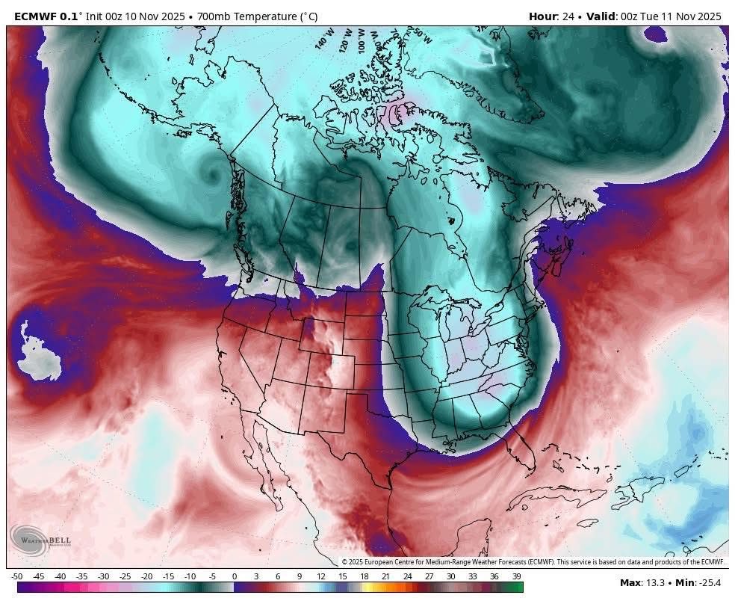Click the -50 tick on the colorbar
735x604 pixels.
pyautogui.click(x=17, y=576)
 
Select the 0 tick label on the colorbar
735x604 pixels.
pyautogui.click(x=234, y=576)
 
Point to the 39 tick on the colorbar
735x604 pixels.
pyautogui.click(x=516, y=576)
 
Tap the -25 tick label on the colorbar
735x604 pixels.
pyautogui.click(x=125, y=576)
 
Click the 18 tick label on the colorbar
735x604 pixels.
pyautogui.click(x=365, y=576)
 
